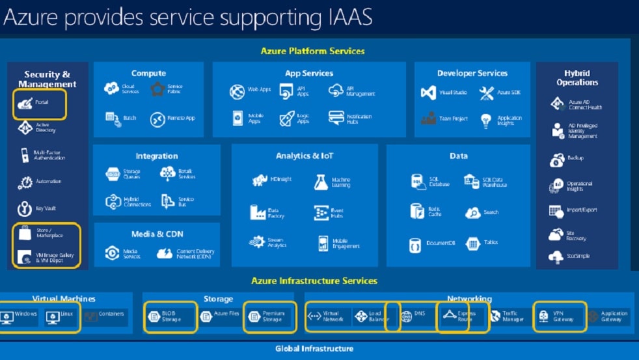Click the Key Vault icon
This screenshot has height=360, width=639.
tap(25, 209)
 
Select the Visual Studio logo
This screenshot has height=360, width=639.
tap(428, 92)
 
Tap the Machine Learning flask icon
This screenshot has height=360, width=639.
tap(320, 182)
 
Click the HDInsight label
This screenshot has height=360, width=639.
tap(282, 180)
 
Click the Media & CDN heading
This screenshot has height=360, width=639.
tap(139, 234)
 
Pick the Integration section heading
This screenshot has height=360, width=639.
tap(156, 156)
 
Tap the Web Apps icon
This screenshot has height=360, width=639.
tap(237, 92)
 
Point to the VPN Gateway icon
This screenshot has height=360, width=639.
tap(541, 316)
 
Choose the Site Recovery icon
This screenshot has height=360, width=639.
tap(555, 235)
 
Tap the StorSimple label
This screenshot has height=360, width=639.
tap(578, 256)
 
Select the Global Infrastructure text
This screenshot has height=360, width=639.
tap(314, 348)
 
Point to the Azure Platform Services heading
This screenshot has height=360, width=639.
tap(312, 51)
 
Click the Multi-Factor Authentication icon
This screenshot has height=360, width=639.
tap(25, 155)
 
